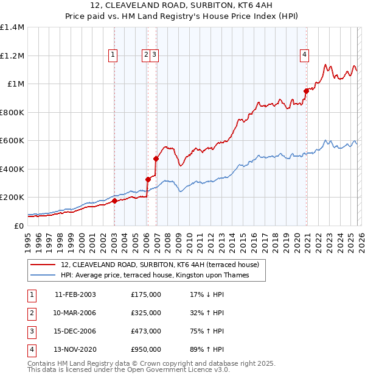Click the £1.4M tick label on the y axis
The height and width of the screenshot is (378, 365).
(12, 27)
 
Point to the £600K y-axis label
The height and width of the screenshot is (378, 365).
(12, 141)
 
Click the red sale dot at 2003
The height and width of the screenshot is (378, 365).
(114, 201)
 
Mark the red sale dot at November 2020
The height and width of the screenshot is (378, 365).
(307, 91)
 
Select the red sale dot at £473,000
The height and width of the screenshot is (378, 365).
(156, 159)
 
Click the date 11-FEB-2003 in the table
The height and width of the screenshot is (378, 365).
(75, 294)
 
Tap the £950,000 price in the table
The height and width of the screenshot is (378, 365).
(146, 349)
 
